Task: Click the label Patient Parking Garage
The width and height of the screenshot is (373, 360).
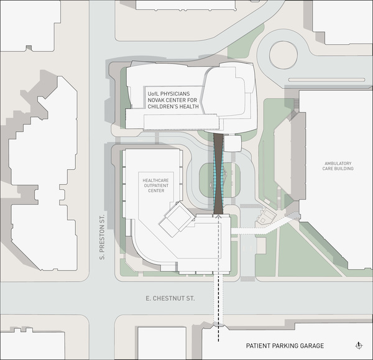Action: pyautogui.click(x=285, y=346)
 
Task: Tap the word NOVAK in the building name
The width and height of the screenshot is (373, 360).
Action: pyautogui.click(x=158, y=100)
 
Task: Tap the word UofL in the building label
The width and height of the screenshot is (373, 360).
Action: pyautogui.click(x=154, y=93)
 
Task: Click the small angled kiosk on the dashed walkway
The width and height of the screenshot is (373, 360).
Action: pyautogui.click(x=266, y=218)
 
